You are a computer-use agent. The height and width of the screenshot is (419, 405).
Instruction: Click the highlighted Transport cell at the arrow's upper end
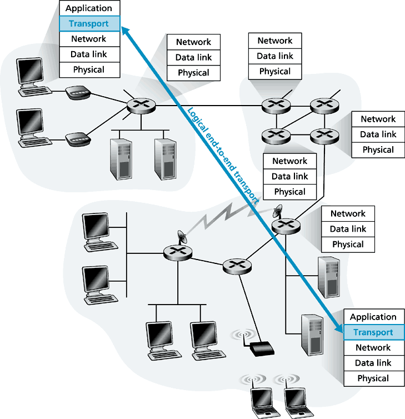click(88, 24)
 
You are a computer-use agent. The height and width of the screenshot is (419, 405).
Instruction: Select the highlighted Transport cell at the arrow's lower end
click(373, 332)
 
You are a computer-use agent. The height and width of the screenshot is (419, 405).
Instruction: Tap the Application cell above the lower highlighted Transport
click(373, 317)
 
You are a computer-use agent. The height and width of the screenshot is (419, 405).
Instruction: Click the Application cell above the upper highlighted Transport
click(88, 8)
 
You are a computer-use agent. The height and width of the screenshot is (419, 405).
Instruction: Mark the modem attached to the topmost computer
click(76, 93)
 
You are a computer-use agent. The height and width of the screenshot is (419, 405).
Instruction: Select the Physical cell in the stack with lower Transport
click(373, 378)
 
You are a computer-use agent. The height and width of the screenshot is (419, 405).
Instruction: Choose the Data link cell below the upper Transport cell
click(88, 54)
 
